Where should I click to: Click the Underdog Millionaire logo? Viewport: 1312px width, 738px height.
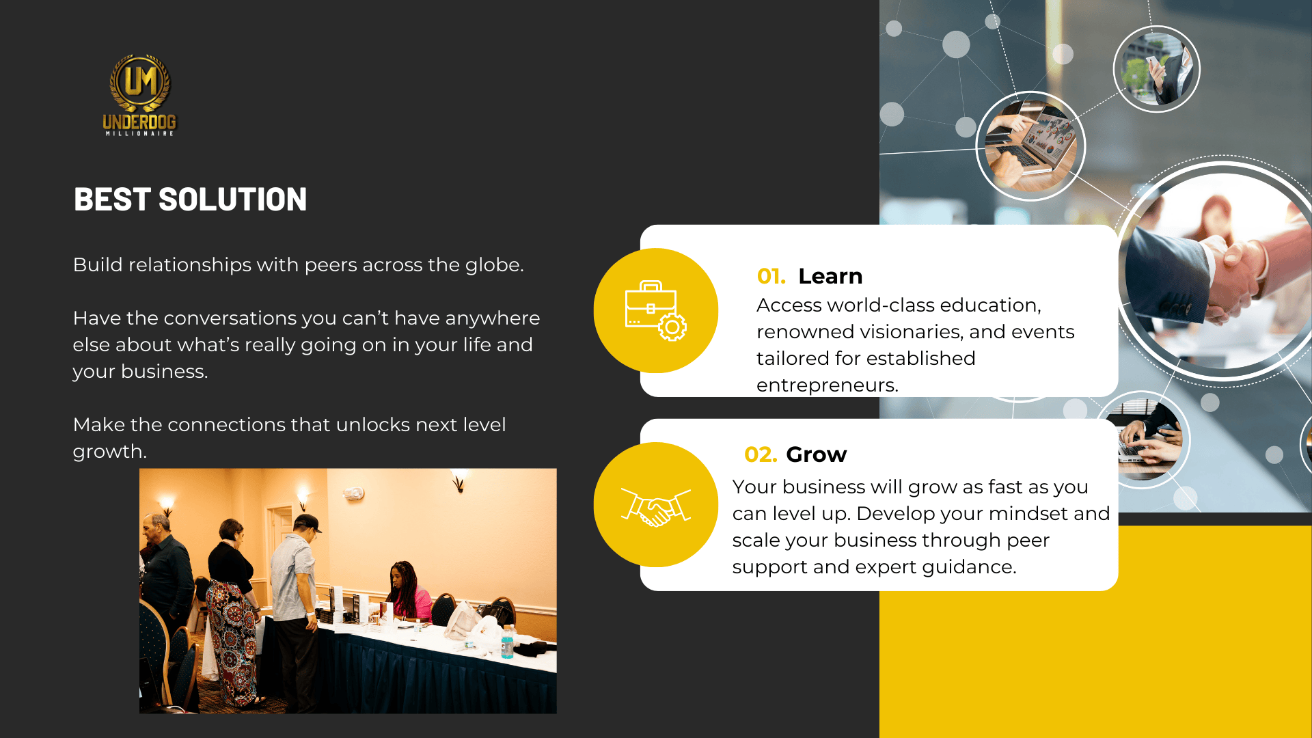(139, 95)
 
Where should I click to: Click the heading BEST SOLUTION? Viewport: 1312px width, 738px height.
(190, 200)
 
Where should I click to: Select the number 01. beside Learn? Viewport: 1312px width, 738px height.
(771, 276)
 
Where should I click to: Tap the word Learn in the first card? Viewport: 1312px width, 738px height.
(830, 276)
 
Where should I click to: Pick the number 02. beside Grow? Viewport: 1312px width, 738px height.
(761, 454)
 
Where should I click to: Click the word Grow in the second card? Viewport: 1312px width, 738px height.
(817, 454)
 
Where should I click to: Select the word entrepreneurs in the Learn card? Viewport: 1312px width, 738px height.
(828, 385)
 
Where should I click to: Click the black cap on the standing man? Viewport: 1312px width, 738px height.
(307, 523)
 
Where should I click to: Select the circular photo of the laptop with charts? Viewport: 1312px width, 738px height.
(1030, 146)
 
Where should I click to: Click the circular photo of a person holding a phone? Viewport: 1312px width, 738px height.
(1157, 69)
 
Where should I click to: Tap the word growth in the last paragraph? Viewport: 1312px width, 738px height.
(109, 452)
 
